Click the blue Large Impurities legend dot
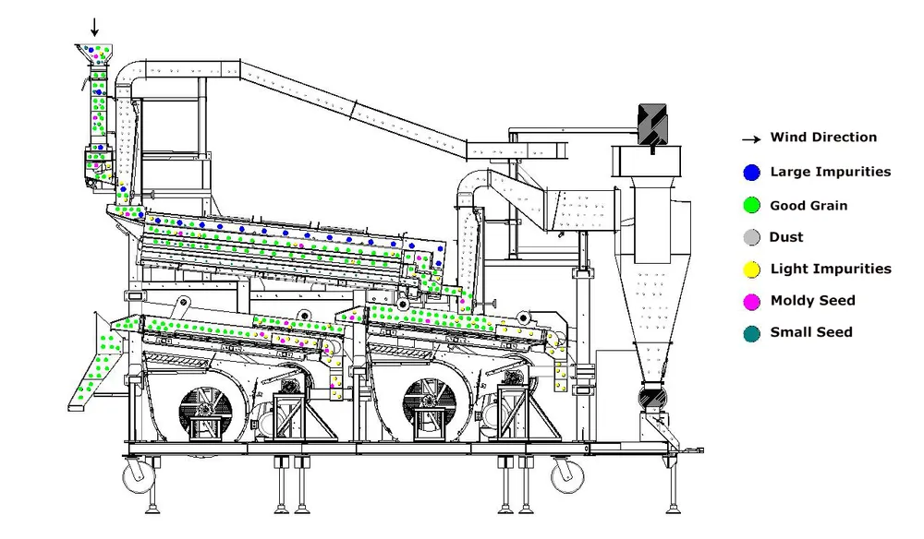(x=751, y=173)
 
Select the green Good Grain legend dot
(x=751, y=206)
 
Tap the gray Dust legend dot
(x=751, y=237)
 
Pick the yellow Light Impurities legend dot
(x=751, y=269)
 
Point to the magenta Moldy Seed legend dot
(x=751, y=301)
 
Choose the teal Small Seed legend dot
(x=751, y=333)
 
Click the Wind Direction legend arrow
(x=751, y=139)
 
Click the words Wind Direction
(x=823, y=138)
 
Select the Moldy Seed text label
(x=812, y=301)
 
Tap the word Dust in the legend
(x=786, y=237)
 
